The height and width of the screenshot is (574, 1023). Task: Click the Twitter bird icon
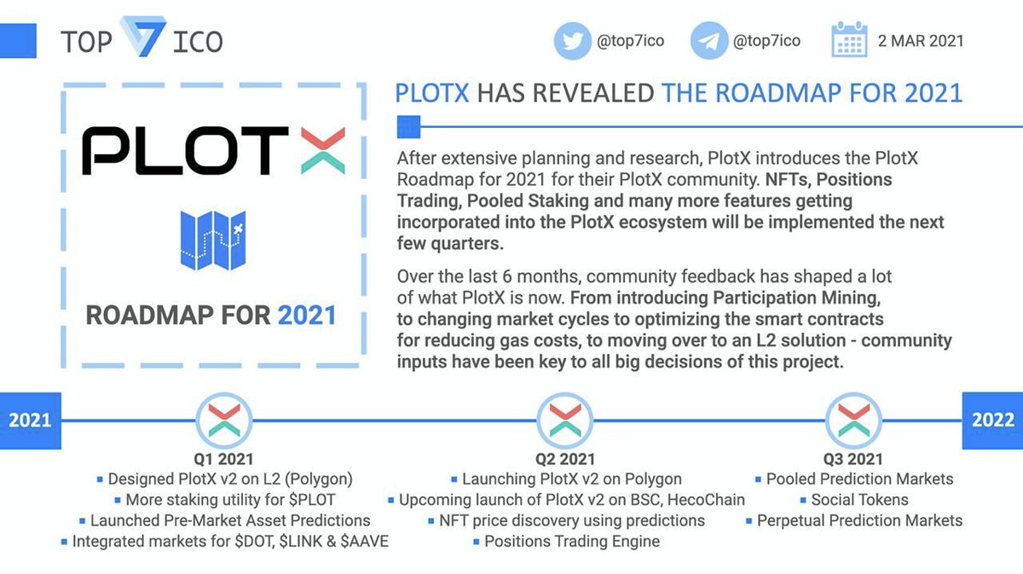[572, 41]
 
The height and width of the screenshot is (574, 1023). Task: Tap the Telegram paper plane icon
[708, 41]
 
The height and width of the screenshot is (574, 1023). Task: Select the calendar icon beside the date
[849, 41]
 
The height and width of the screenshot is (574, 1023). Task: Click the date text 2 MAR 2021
[921, 41]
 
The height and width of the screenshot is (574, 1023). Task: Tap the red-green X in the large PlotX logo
[317, 151]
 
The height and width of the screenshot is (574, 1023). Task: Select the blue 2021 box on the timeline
[30, 420]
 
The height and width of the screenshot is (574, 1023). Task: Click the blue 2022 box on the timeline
[993, 420]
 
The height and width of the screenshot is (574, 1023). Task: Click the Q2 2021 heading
[565, 460]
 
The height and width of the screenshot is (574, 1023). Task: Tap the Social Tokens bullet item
[859, 500]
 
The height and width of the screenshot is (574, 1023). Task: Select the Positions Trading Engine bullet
[571, 541]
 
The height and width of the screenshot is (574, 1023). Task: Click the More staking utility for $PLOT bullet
[229, 500]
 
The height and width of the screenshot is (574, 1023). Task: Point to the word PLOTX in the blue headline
[431, 92]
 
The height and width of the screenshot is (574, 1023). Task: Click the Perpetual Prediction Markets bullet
[859, 520]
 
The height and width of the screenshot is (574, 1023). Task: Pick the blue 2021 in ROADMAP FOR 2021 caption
[307, 316]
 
